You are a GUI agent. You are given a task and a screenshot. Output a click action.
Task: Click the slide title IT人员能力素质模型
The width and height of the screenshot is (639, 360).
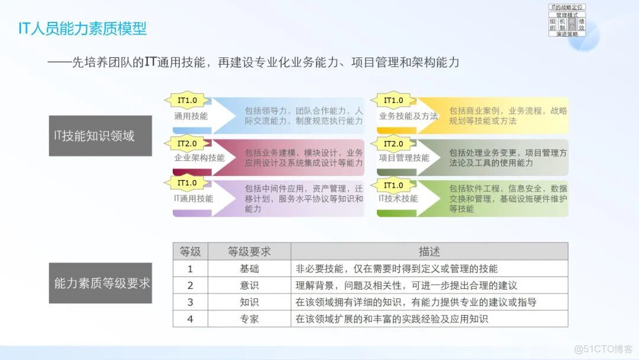click(82, 28)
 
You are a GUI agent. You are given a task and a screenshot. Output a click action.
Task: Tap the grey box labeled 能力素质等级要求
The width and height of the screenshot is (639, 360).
click(100, 283)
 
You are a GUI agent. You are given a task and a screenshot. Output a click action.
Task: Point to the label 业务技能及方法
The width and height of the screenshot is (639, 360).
click(408, 116)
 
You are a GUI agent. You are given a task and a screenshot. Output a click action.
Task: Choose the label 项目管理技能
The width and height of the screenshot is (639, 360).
click(404, 158)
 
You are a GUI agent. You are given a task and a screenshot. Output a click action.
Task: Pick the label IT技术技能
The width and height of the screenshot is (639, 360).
click(398, 198)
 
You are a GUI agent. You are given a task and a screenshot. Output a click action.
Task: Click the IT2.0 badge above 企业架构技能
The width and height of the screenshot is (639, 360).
click(187, 144)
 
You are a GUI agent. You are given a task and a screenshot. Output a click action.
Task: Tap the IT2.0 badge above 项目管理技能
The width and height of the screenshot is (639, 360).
click(393, 144)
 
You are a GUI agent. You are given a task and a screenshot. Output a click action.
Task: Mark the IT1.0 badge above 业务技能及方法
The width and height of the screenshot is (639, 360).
click(393, 101)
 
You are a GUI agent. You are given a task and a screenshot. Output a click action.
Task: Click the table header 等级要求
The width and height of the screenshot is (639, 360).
click(249, 252)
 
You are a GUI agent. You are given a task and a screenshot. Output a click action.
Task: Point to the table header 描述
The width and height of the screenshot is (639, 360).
click(429, 252)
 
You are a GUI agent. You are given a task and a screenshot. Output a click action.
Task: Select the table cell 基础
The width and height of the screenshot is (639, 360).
click(249, 269)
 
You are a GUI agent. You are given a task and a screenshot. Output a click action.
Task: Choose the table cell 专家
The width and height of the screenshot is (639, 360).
click(249, 319)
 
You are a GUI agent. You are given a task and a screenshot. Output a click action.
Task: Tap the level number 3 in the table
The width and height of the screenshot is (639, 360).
click(190, 302)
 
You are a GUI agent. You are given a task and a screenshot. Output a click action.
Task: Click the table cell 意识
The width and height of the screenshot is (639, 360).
click(249, 285)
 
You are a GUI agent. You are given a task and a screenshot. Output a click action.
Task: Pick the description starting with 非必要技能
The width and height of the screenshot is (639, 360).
click(396, 269)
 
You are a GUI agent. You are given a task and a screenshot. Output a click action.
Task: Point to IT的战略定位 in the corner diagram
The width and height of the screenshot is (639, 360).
click(567, 7)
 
